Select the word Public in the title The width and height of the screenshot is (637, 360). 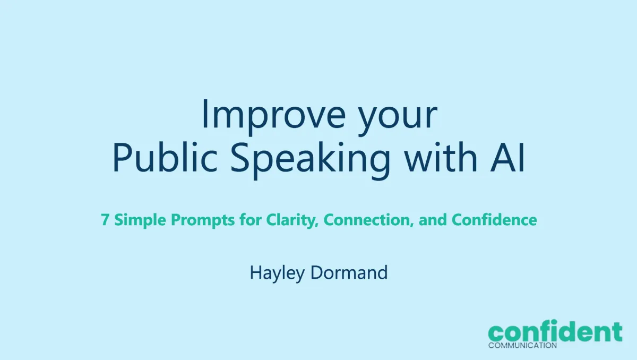coord(165,158)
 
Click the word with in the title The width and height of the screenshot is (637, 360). coord(441,158)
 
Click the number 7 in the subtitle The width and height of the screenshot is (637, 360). coord(105,220)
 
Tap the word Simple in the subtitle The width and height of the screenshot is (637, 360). coord(140,220)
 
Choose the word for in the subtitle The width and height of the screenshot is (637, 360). coord(250,219)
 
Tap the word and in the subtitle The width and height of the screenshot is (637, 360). coord(433,219)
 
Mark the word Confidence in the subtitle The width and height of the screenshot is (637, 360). coord(494,219)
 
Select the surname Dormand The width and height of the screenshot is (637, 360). coord(349,272)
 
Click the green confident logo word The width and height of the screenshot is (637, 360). coord(555,331)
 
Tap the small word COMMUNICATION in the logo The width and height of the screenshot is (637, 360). coord(522,345)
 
